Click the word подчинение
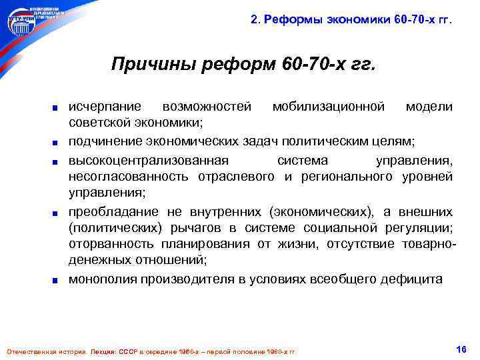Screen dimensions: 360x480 click(105, 141)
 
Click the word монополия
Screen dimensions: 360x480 click(103, 280)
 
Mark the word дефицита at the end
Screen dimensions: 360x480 click(417, 280)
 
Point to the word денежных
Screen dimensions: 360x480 click(99, 263)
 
